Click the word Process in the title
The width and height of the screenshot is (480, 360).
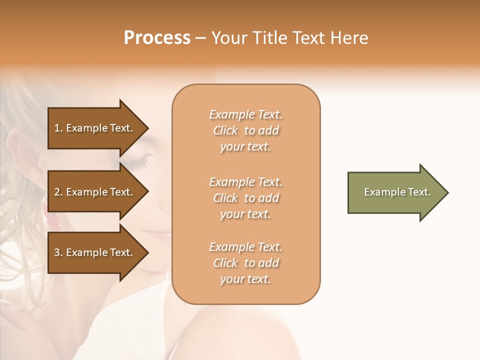(157, 38)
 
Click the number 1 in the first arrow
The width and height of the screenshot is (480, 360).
(57, 128)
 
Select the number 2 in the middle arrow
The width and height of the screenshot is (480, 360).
(57, 192)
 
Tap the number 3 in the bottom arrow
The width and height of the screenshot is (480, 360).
(57, 252)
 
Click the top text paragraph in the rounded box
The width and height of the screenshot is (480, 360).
(245, 130)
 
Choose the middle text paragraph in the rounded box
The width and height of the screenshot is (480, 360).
(245, 198)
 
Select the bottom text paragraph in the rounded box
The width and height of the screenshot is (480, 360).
(245, 263)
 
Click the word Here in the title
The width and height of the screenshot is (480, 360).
(349, 38)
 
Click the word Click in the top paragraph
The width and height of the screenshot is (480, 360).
(225, 130)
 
